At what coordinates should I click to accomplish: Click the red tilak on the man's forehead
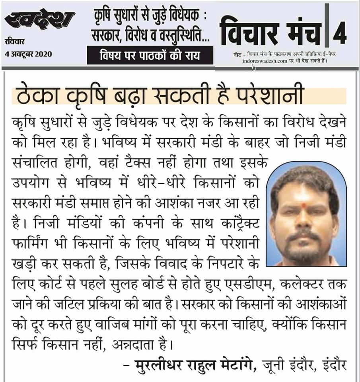304,206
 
